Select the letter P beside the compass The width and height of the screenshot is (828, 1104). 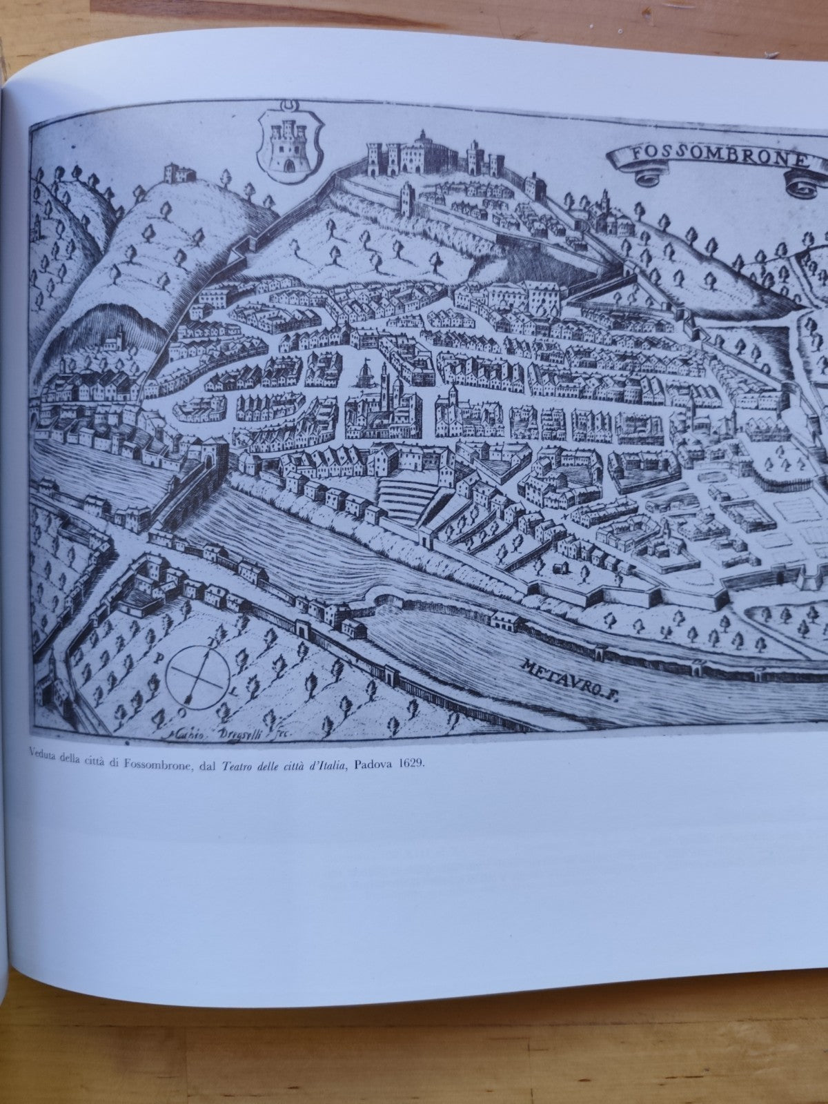[x=159, y=658]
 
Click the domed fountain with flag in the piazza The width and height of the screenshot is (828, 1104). [x=363, y=375]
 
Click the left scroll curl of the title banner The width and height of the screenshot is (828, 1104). [x=646, y=177]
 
